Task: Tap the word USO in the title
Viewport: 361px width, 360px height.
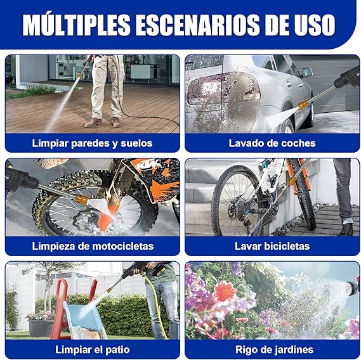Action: [x=315, y=25]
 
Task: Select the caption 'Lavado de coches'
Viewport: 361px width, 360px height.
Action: [x=272, y=143]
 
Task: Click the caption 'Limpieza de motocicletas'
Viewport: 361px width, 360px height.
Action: [x=93, y=246]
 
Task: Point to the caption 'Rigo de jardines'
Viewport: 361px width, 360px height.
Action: [x=274, y=350]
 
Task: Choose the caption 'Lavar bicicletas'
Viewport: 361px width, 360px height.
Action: [x=272, y=246]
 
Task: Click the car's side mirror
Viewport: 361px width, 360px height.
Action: [x=307, y=72]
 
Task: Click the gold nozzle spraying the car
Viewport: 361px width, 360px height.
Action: [x=303, y=105]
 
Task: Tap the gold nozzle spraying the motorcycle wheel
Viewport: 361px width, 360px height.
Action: [x=81, y=199]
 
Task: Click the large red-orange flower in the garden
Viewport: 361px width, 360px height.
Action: [x=224, y=291]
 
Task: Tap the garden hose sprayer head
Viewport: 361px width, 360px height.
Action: [x=351, y=288]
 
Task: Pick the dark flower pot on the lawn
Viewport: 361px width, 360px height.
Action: [x=41, y=328]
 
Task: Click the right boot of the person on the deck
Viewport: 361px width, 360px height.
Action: [x=116, y=122]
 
